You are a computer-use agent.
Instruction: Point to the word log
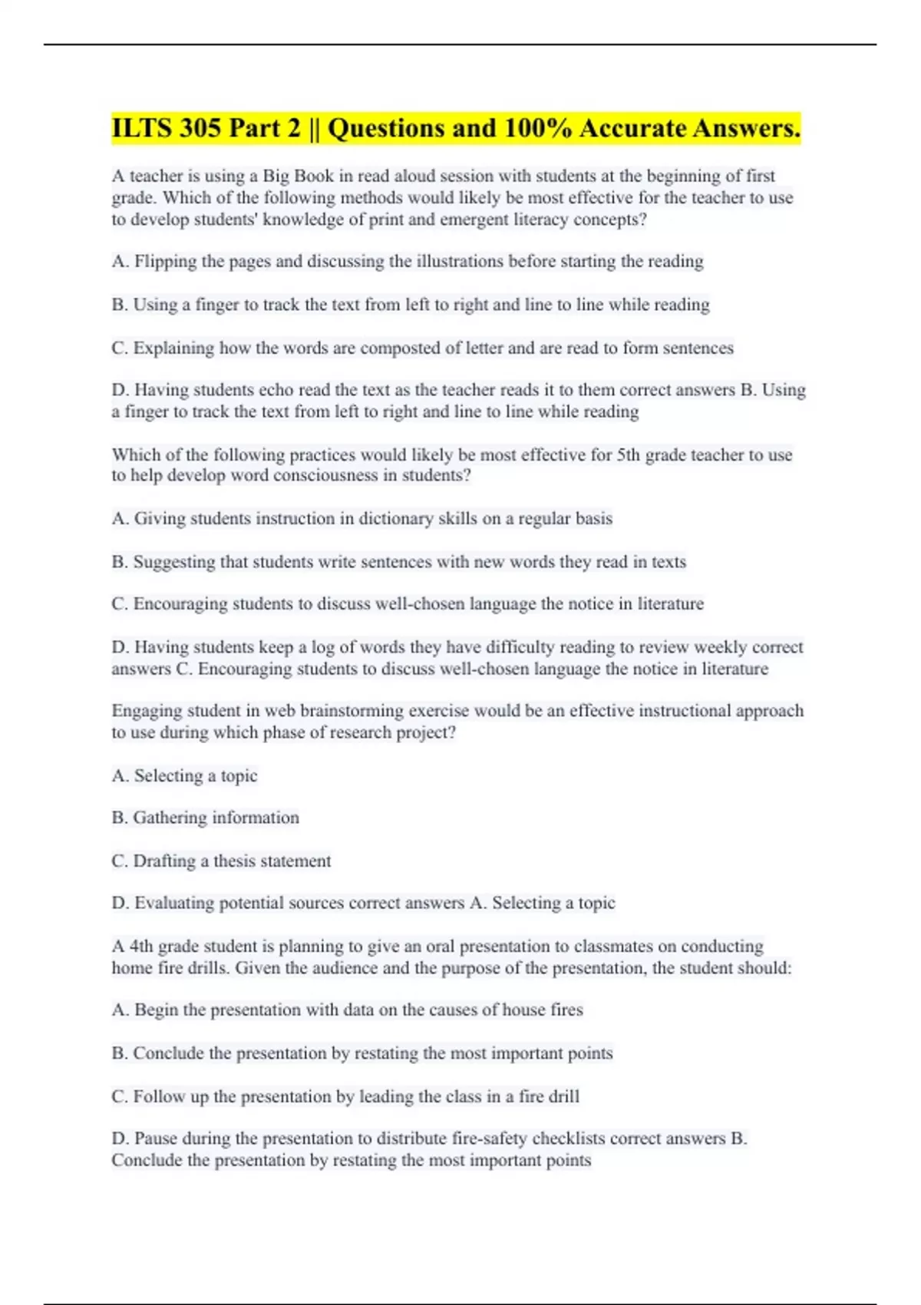click(x=322, y=647)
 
